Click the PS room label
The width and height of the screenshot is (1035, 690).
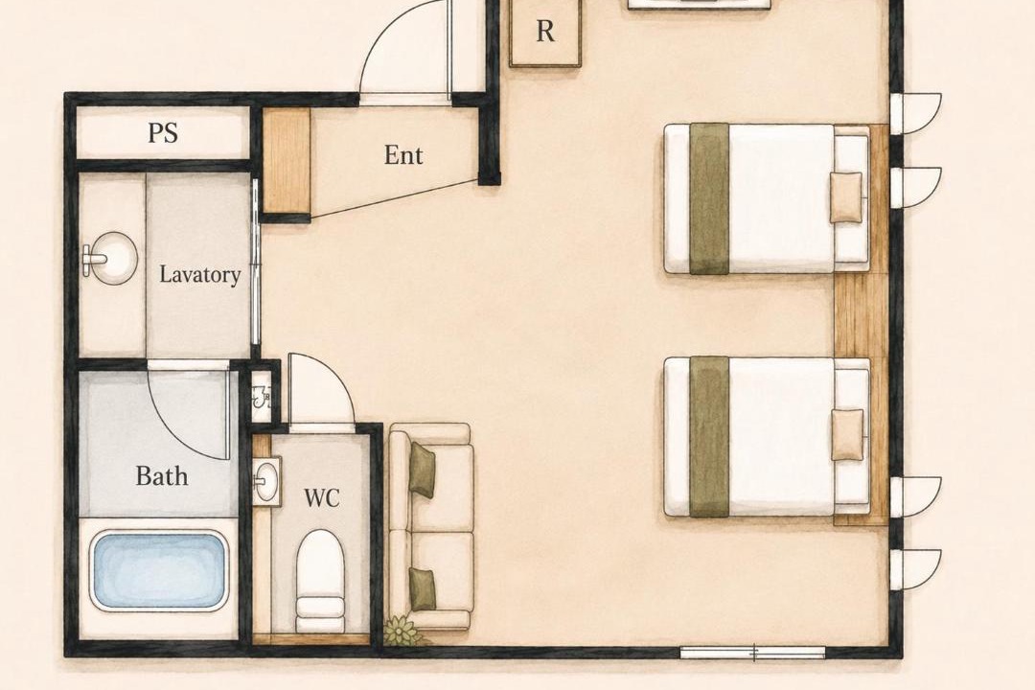tap(162, 132)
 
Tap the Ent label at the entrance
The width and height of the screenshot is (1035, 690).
tap(403, 155)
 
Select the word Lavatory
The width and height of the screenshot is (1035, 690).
tap(200, 274)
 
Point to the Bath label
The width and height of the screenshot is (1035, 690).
tap(162, 475)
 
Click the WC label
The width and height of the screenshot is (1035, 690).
tap(321, 498)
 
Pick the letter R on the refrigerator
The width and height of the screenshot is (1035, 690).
tap(545, 31)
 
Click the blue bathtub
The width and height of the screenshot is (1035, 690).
tap(159, 571)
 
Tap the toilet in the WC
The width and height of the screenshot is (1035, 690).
tap(320, 581)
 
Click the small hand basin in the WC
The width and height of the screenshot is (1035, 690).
tap(266, 481)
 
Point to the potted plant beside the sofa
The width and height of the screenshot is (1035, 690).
tap(402, 631)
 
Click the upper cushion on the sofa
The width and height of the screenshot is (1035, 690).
tap(422, 470)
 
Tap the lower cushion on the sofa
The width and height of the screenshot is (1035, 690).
tap(422, 589)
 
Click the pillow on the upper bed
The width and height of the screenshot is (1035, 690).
tap(846, 196)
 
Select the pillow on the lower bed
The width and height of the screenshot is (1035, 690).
tap(847, 434)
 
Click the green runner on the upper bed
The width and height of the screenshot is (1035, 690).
tap(709, 198)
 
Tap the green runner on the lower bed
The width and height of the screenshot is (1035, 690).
tap(709, 436)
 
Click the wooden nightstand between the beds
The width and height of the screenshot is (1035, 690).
tap(861, 315)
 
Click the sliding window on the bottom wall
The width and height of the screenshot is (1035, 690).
tap(752, 653)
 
